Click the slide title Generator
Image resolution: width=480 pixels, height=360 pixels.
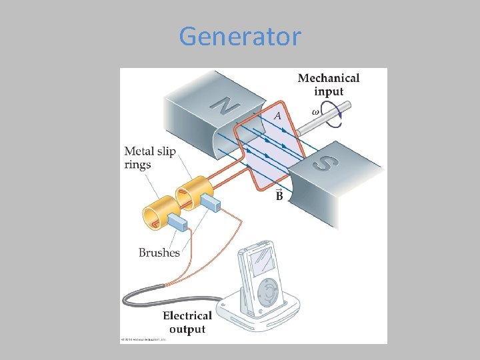pos(240,36)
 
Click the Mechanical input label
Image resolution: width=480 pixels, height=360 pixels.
pos(329,85)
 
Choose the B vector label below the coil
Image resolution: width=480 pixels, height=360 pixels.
pos(279,195)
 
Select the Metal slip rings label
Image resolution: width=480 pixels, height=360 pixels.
pos(150,158)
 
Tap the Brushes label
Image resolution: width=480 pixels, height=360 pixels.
pos(159,253)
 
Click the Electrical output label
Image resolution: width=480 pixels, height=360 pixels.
pos(187,322)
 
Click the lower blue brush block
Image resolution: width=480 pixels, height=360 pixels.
pos(178,223)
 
